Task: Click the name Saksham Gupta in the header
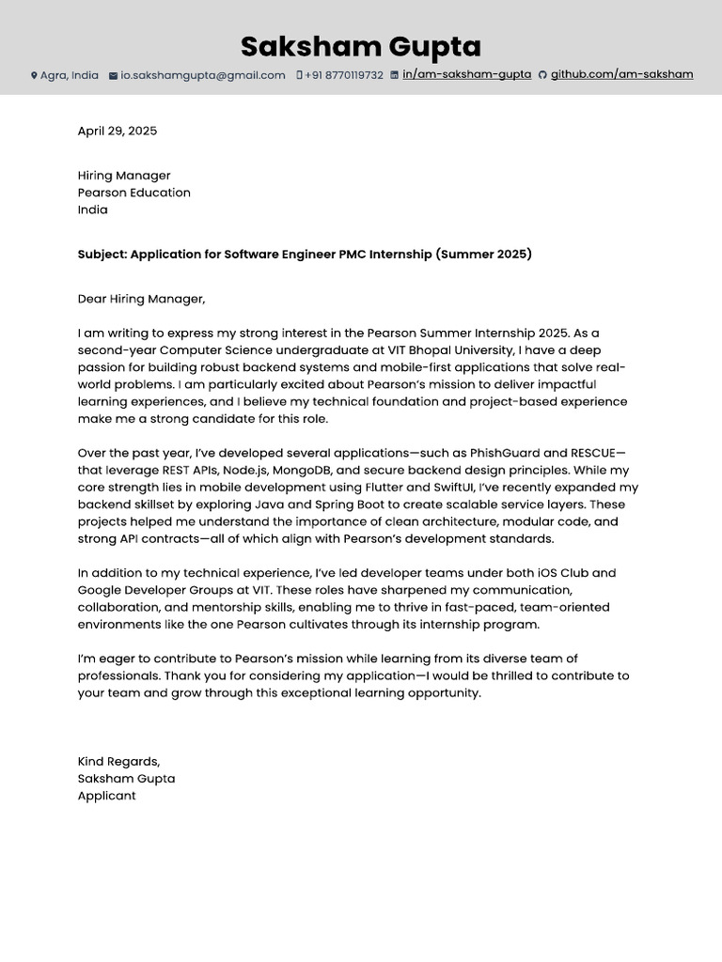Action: point(361,46)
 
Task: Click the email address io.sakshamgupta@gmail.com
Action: point(202,75)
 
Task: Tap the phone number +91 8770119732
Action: point(343,75)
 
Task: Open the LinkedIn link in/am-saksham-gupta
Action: point(466,74)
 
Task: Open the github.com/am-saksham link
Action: point(621,74)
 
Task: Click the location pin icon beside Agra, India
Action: point(34,75)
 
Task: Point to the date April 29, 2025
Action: point(118,131)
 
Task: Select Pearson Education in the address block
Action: point(133,193)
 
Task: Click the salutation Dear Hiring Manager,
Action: point(141,299)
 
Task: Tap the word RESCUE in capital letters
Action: point(592,453)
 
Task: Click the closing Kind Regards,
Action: point(118,761)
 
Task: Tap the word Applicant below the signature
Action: point(106,796)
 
